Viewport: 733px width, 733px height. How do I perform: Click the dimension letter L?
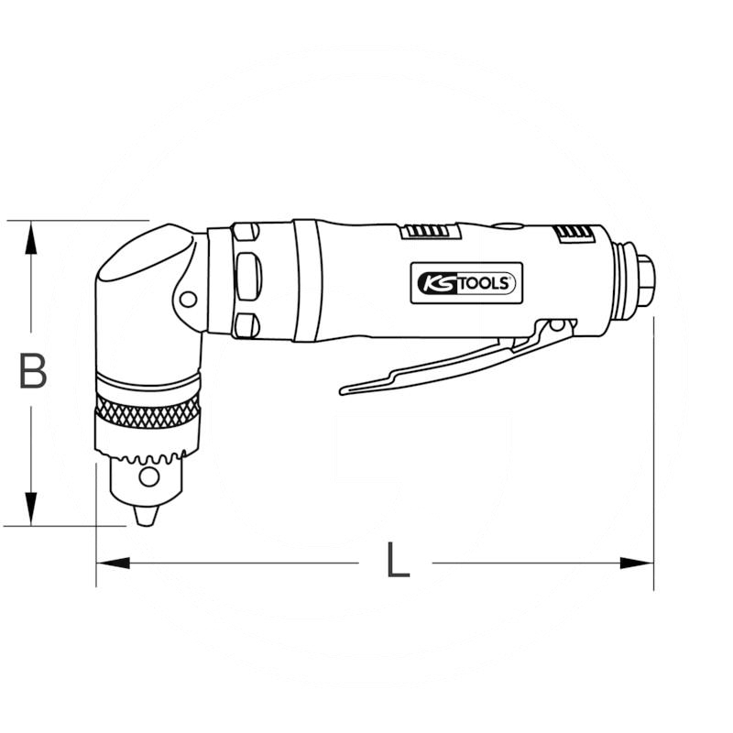tap(398, 560)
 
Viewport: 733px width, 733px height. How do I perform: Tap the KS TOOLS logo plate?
tap(466, 283)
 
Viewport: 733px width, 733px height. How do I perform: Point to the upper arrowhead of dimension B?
tap(31, 237)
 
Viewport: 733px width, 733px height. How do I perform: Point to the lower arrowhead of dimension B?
tap(31, 509)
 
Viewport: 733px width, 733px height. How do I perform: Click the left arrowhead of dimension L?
tap(113, 563)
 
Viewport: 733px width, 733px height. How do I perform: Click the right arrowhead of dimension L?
tap(637, 563)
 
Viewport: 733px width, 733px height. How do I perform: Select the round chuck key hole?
tap(149, 477)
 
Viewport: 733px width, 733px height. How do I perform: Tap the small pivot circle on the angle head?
tap(188, 300)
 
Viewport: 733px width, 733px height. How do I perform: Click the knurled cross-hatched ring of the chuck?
tap(148, 410)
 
